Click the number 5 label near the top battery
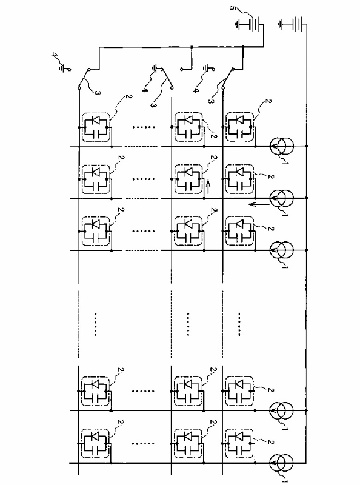(x=232, y=8)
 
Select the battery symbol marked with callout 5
(x=250, y=24)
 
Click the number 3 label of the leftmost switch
(x=97, y=93)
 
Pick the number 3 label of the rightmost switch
(x=211, y=101)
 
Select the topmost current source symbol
(x=281, y=145)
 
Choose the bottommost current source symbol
(x=281, y=463)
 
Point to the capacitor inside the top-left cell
(x=96, y=134)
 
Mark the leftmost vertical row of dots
(x=95, y=324)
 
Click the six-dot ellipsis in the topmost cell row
(x=143, y=127)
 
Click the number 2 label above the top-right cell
(x=268, y=101)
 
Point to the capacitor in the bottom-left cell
(x=95, y=450)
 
